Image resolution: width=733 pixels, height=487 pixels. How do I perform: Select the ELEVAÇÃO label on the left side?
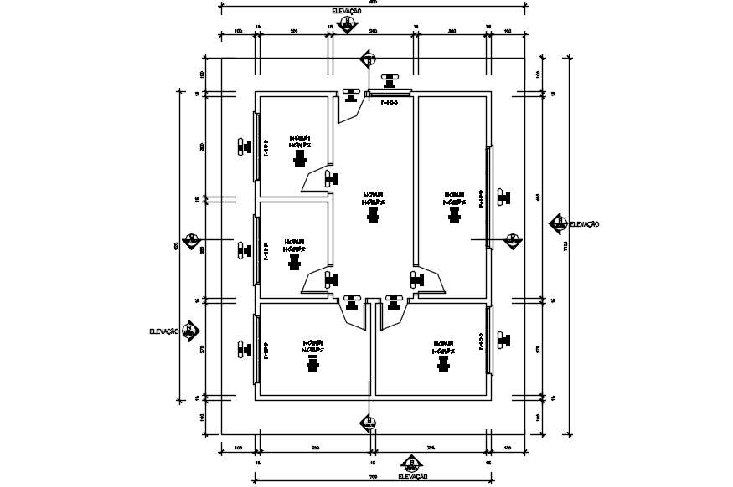[163, 331]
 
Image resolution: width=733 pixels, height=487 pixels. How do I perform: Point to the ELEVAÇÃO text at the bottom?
[413, 476]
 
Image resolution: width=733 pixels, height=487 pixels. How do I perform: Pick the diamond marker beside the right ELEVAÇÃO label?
[558, 223]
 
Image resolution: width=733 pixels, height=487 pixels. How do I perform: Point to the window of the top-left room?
[256, 146]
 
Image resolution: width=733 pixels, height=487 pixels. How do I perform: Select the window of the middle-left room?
[256, 249]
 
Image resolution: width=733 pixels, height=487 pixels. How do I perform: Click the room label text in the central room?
[373, 197]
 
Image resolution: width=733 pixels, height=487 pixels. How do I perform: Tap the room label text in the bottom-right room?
[443, 346]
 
